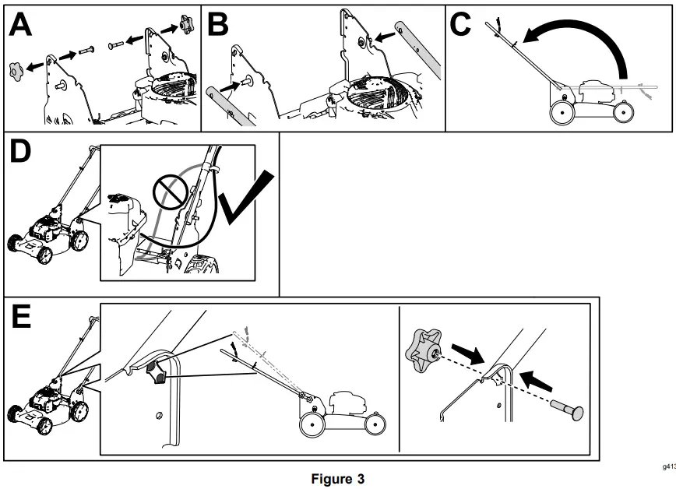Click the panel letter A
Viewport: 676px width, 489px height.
21,26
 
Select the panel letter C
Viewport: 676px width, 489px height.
461,25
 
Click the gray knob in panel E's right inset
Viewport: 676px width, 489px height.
424,347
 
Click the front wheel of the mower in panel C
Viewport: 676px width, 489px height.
621,112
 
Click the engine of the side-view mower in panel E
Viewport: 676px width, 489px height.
348,405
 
